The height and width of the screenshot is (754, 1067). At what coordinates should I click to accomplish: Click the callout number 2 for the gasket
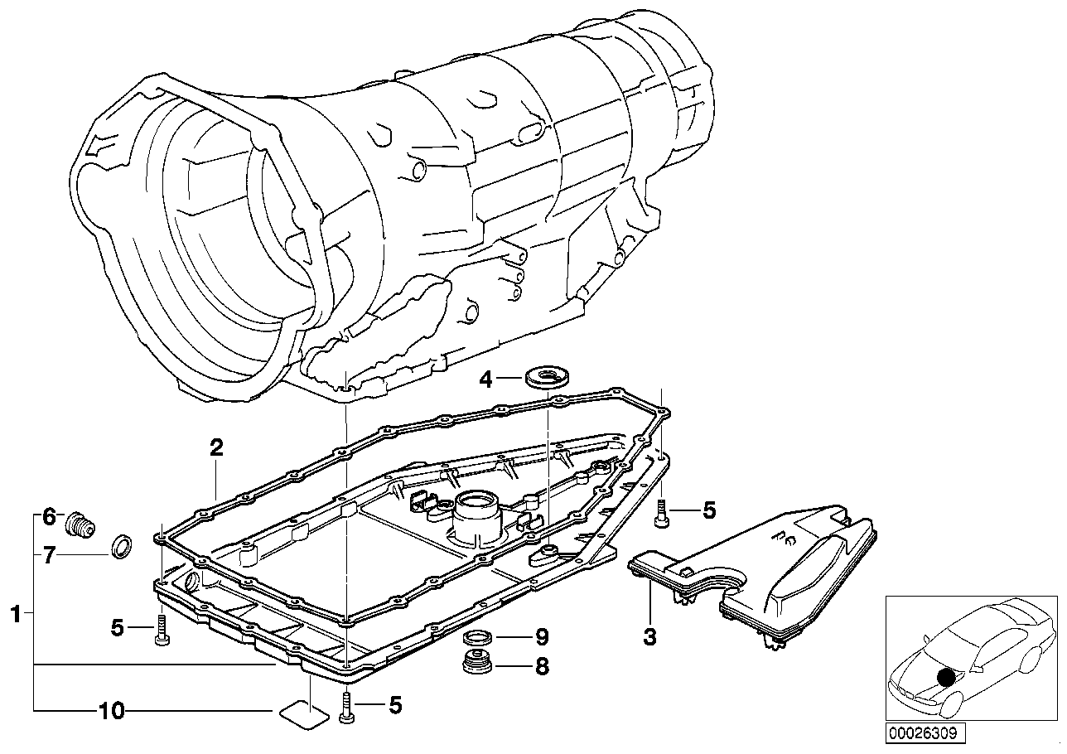point(216,448)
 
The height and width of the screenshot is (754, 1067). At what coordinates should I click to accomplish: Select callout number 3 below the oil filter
point(649,637)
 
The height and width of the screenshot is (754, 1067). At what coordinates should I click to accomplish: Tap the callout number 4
point(486,379)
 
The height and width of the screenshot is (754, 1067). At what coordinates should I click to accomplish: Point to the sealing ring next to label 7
point(121,548)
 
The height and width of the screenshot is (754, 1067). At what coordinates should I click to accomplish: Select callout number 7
point(49,556)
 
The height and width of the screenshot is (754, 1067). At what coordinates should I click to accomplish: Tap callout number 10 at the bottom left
point(111,711)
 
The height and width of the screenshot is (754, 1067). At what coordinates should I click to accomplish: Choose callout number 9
point(542,637)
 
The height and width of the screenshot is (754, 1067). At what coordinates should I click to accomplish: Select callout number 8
point(542,665)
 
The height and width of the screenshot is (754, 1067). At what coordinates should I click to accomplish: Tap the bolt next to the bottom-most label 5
point(346,706)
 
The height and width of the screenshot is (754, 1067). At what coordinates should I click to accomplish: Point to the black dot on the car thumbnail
point(945,677)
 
